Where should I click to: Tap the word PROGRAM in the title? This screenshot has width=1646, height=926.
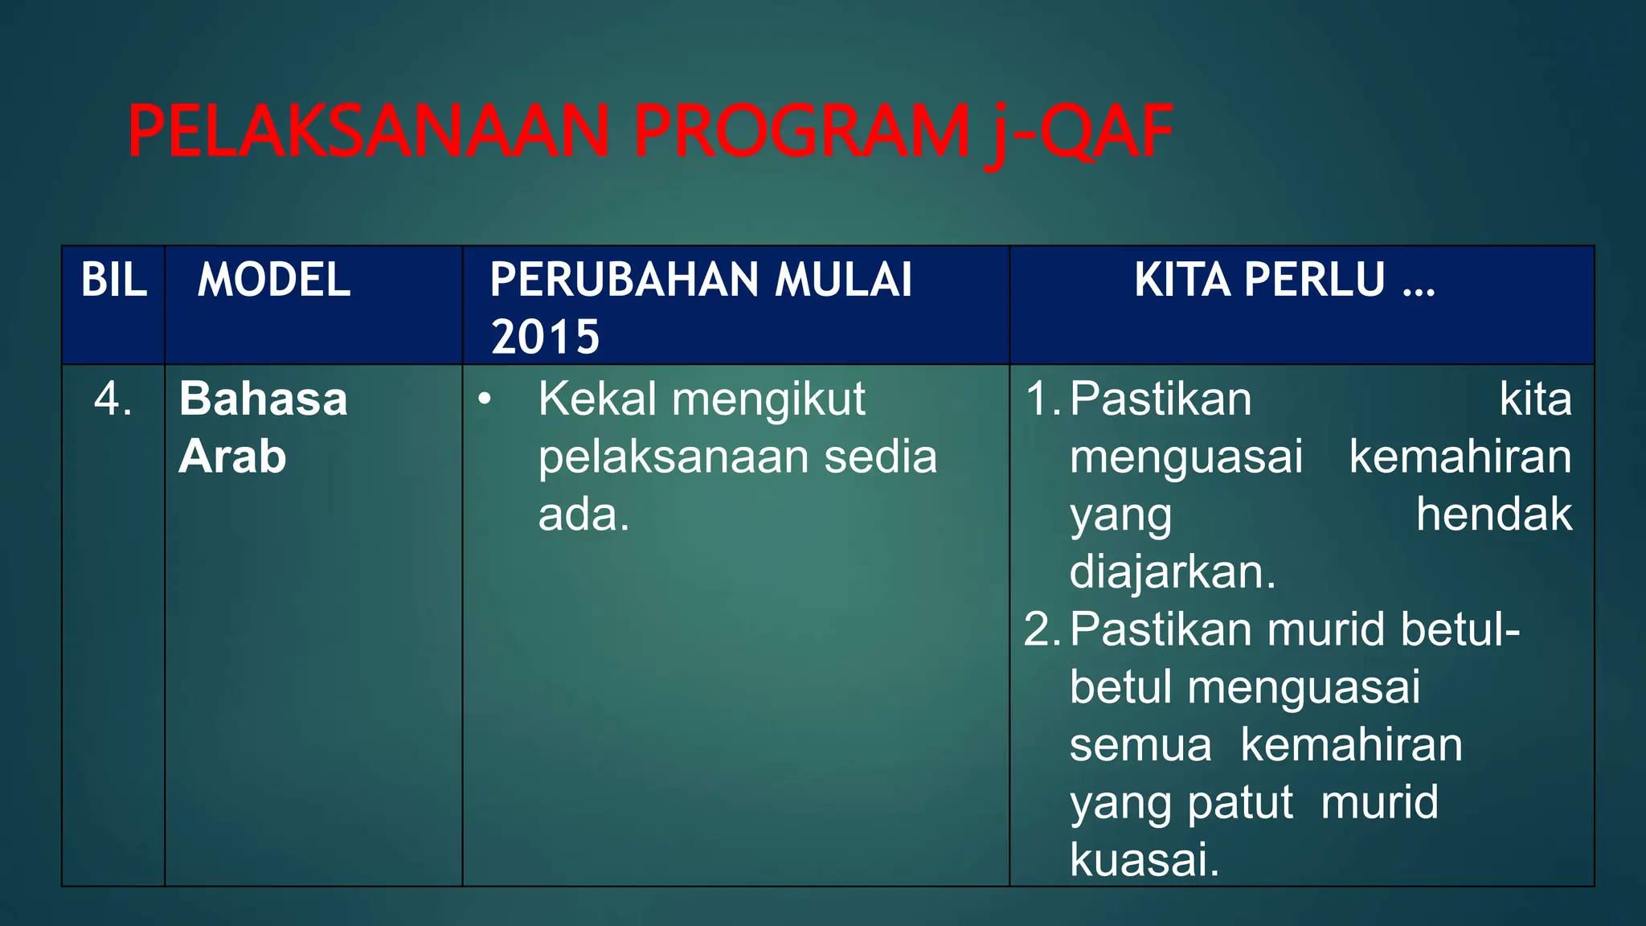coord(802,132)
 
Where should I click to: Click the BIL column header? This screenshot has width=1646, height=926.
coord(114,280)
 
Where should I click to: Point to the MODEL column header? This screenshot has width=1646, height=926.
coord(274,280)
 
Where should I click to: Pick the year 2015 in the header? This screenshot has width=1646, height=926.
coord(546,337)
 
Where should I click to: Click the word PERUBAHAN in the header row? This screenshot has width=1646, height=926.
coord(624,280)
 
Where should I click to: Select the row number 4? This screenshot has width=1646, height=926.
coord(113,399)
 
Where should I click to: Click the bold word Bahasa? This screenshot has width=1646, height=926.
coord(264,399)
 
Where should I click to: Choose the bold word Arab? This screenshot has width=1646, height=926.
coord(233,457)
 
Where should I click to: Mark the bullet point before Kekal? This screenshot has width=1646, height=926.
coord(484,399)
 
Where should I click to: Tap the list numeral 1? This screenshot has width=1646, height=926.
coord(1042,399)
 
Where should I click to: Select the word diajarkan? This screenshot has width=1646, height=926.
coord(1172,572)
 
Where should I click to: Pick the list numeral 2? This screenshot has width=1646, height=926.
coord(1042,629)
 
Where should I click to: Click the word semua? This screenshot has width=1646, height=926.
coord(1140,745)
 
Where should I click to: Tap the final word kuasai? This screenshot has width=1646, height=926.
coord(1144,860)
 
